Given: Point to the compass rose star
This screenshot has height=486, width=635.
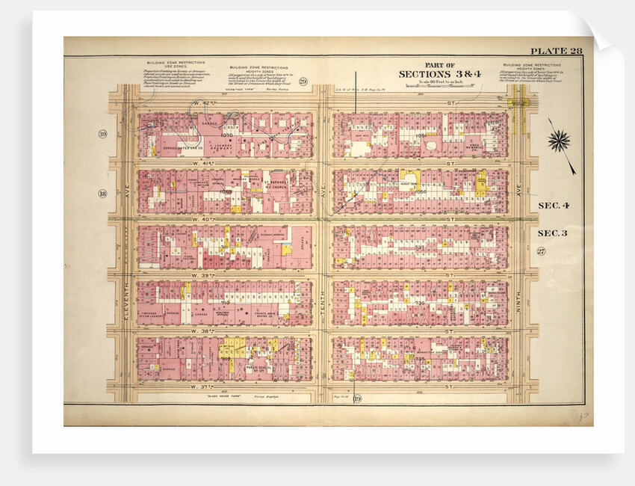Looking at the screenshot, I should [559, 140].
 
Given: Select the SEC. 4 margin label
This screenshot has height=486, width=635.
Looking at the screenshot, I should [554, 204].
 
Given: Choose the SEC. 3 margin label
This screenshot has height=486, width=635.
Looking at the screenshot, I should [554, 233].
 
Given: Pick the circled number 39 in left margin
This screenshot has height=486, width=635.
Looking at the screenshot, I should [102, 134].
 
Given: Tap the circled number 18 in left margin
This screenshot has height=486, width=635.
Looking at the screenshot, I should [102, 194].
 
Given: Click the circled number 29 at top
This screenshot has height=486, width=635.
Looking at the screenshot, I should [303, 81].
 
